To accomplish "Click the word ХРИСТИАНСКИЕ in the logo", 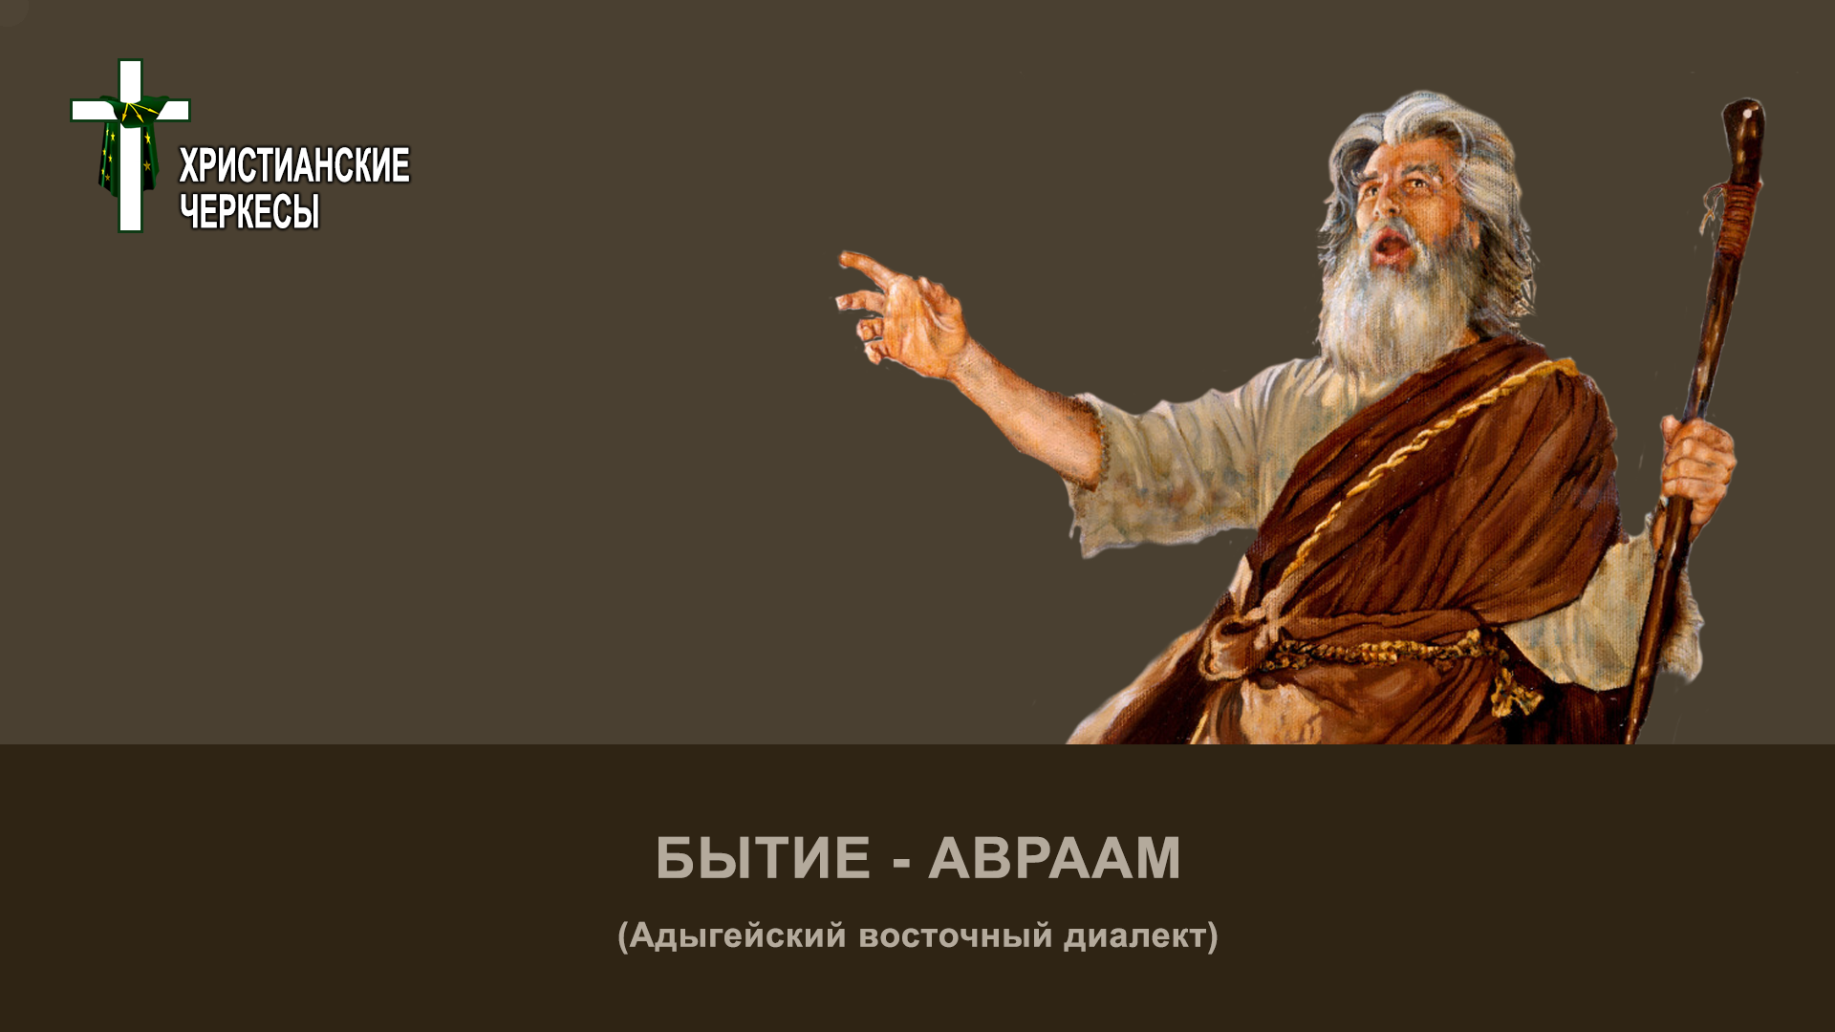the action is [294, 165].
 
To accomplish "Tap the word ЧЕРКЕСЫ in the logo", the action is [249, 211].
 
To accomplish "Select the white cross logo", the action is [130, 145].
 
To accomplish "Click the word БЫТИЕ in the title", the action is [763, 857].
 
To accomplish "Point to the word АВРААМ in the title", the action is [1054, 857].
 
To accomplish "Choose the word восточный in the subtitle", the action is [956, 936].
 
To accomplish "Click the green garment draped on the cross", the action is [127, 148].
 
